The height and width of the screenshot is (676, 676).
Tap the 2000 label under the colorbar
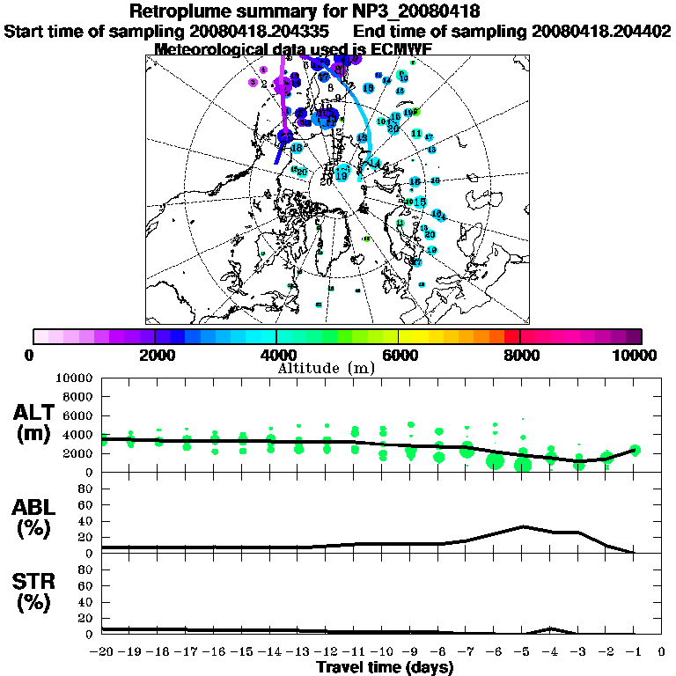[155, 355]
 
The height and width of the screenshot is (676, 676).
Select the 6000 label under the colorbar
[399, 355]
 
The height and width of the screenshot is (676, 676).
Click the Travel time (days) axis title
[384, 667]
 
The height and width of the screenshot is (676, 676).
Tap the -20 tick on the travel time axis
[102, 652]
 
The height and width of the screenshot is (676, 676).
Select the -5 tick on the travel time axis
[523, 652]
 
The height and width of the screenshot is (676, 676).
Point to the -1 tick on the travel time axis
[635, 652]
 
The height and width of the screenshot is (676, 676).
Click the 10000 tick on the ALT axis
[74, 378]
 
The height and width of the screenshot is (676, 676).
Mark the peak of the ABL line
[523, 526]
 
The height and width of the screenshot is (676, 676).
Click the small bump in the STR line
[551, 628]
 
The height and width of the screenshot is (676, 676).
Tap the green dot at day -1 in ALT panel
[635, 450]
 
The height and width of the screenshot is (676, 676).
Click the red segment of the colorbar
[511, 336]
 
